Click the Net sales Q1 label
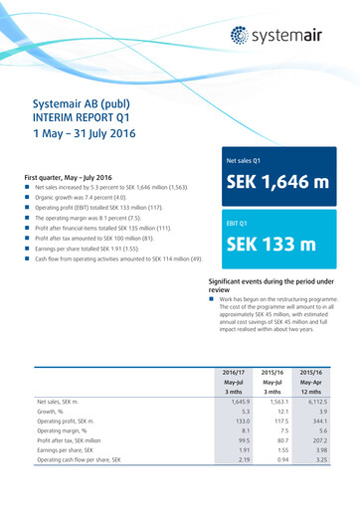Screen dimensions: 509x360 [x=224, y=159]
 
